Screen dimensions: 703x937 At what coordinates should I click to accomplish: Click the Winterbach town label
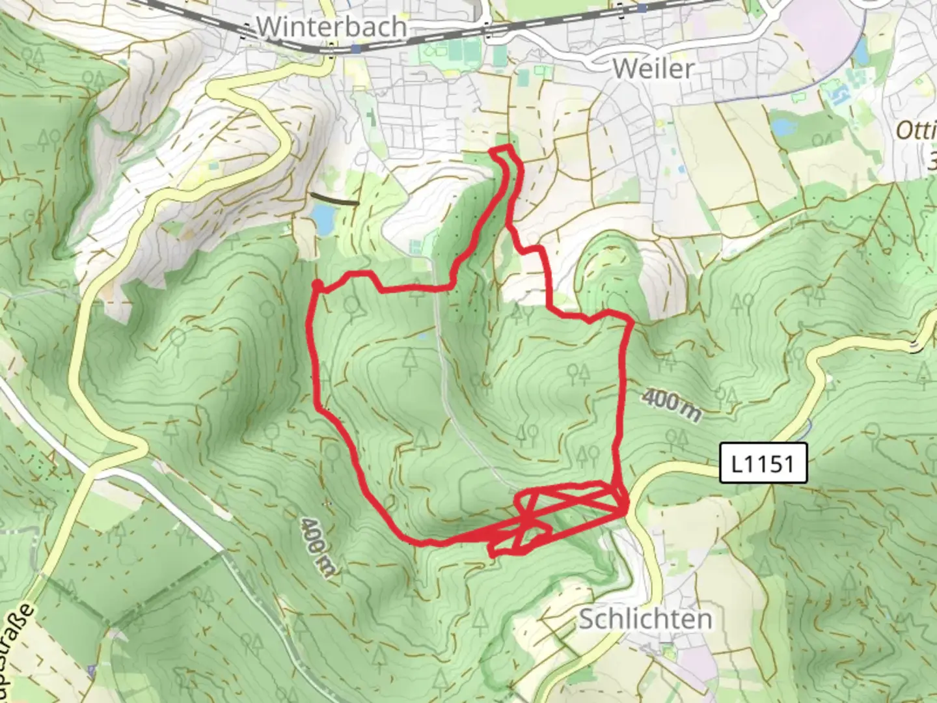click(332, 27)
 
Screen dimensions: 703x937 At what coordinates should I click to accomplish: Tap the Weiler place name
click(653, 68)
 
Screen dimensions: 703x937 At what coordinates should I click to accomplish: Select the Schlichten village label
click(645, 619)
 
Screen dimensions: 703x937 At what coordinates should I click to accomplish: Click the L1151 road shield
click(763, 463)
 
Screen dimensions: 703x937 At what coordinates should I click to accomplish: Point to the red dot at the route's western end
click(317, 284)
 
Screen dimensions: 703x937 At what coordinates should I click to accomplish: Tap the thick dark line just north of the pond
click(334, 199)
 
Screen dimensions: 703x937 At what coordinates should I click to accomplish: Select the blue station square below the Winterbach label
click(355, 49)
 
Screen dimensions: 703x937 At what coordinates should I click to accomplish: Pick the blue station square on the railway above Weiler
click(642, 8)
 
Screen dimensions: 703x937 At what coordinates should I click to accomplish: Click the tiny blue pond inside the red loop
click(424, 336)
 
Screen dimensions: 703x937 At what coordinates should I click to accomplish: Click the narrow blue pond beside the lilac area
click(862, 49)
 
